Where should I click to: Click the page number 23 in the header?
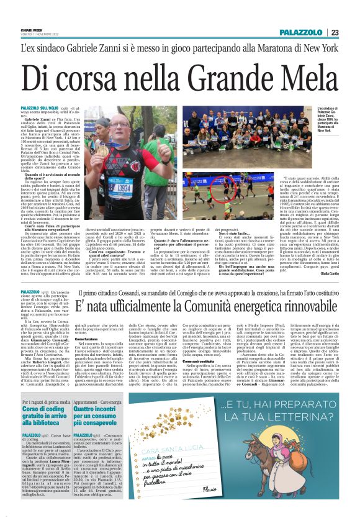tap(335, 32)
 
